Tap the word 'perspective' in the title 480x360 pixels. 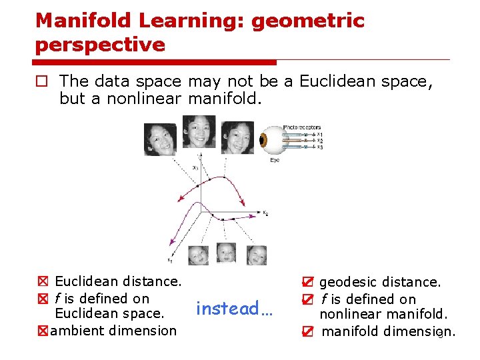100,45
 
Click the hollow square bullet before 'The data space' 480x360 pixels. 42,82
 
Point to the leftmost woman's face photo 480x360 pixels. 160,139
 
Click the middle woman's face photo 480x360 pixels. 199,131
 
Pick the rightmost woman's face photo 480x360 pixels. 237,137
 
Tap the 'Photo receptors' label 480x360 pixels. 301,127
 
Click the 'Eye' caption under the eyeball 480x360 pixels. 275,160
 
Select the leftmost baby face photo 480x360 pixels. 198,255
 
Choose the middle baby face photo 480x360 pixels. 227,253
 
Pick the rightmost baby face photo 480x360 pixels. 257,255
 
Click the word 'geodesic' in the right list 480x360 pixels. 350,283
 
